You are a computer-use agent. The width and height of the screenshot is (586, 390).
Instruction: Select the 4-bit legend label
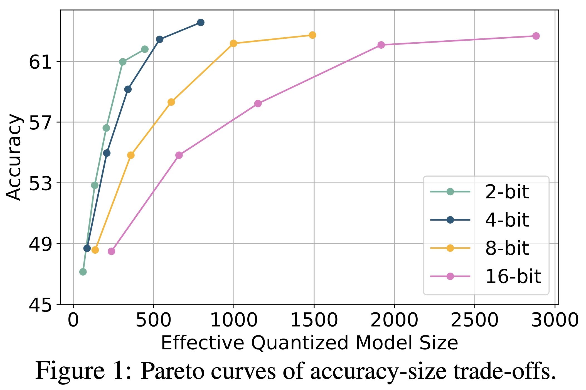tap(506, 220)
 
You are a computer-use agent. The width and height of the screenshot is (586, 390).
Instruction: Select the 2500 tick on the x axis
tap(474, 320)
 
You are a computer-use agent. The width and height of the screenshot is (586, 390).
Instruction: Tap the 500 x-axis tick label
tap(153, 320)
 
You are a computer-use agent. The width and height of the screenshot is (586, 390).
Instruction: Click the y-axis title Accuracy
tap(14, 157)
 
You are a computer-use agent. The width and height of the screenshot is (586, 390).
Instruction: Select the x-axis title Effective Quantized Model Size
tap(309, 343)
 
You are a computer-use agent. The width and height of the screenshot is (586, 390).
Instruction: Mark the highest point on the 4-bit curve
tap(201, 22)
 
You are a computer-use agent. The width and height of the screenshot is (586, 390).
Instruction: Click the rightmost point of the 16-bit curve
tap(536, 36)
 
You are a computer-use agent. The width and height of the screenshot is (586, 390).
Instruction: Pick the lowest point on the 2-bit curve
tap(83, 272)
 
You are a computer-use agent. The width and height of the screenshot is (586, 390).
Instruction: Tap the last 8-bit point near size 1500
tap(312, 35)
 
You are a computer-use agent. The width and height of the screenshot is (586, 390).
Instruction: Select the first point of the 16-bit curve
tap(111, 251)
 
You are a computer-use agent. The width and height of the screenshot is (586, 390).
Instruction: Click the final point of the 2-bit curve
tap(145, 49)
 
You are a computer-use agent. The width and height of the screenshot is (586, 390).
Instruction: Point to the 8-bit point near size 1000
tap(233, 43)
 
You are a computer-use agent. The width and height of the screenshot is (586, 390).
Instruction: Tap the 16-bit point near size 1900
tap(381, 45)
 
